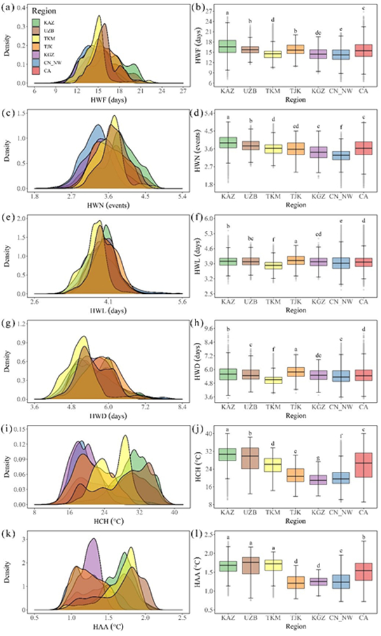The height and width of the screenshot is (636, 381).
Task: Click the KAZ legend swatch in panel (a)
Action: [36, 24]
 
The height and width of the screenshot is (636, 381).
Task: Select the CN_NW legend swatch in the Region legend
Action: [36, 62]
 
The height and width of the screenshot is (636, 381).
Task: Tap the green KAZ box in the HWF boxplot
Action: [227, 46]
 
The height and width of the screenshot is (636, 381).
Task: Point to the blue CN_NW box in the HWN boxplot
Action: [340, 155]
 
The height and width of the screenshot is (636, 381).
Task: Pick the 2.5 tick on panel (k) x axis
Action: [183, 619]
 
